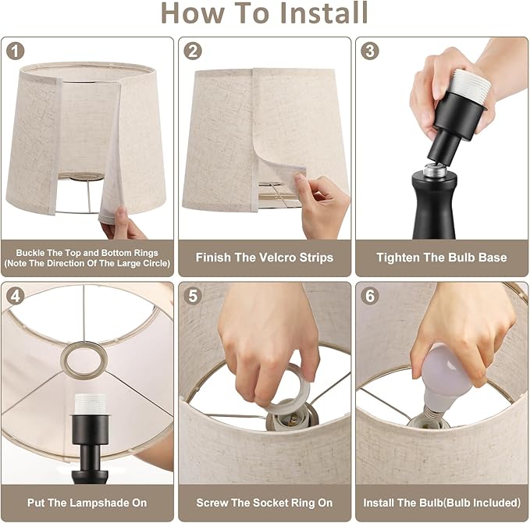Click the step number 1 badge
[x=15, y=52]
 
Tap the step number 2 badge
[x=193, y=52]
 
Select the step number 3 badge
[x=370, y=52]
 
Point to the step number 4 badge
[x=15, y=296]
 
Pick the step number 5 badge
[x=193, y=296]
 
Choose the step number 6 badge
[x=370, y=296]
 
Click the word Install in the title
[x=324, y=12]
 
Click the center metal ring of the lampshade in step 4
[x=84, y=359]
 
